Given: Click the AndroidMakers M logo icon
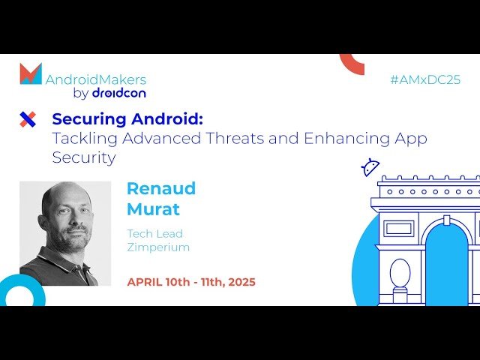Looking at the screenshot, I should tap(30, 73).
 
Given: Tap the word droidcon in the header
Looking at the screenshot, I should tap(118, 93).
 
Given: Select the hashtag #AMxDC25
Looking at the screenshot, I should tap(425, 79).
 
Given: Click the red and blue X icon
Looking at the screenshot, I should tap(28, 118).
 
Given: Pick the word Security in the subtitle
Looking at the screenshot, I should tap(84, 157).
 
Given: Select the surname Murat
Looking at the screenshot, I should tap(153, 208).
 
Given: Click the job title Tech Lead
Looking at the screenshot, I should tap(154, 234).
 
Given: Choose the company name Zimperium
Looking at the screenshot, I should tap(158, 247).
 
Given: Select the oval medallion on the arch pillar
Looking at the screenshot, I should tap(400, 273).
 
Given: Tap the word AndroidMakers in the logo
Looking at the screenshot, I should tap(96, 79).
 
